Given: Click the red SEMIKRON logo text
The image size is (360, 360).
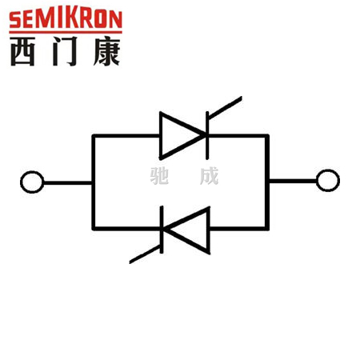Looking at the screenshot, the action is point(66,19).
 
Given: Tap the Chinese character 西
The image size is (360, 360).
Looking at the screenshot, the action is point(22,51).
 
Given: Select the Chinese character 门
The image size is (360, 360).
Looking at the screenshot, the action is point(65,51).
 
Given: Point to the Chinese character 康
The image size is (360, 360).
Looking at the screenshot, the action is point(106,51).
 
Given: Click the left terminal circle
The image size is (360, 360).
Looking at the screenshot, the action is point(32,182).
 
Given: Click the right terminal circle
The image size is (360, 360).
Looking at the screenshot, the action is point(328,181).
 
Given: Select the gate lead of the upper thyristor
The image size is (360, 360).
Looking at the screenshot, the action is point(226,107).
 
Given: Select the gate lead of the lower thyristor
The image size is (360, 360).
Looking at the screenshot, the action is point(145,254).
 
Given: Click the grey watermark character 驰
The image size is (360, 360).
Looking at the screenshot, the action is point(159,176).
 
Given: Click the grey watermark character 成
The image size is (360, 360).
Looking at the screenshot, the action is point(210,176).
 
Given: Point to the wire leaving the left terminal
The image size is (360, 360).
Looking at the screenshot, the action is point(68,182).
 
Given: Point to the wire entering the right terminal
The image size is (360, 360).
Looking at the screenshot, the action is point(293,181).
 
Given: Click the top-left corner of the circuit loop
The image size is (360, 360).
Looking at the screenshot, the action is point(94,136).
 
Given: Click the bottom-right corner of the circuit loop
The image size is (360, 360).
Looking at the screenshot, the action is point(267,228).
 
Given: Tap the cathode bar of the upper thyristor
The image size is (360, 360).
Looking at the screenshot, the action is point(207,135).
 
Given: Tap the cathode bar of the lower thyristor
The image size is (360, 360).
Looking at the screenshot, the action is point(162,230).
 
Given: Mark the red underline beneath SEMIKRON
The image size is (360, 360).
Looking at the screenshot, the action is point(66,32).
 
